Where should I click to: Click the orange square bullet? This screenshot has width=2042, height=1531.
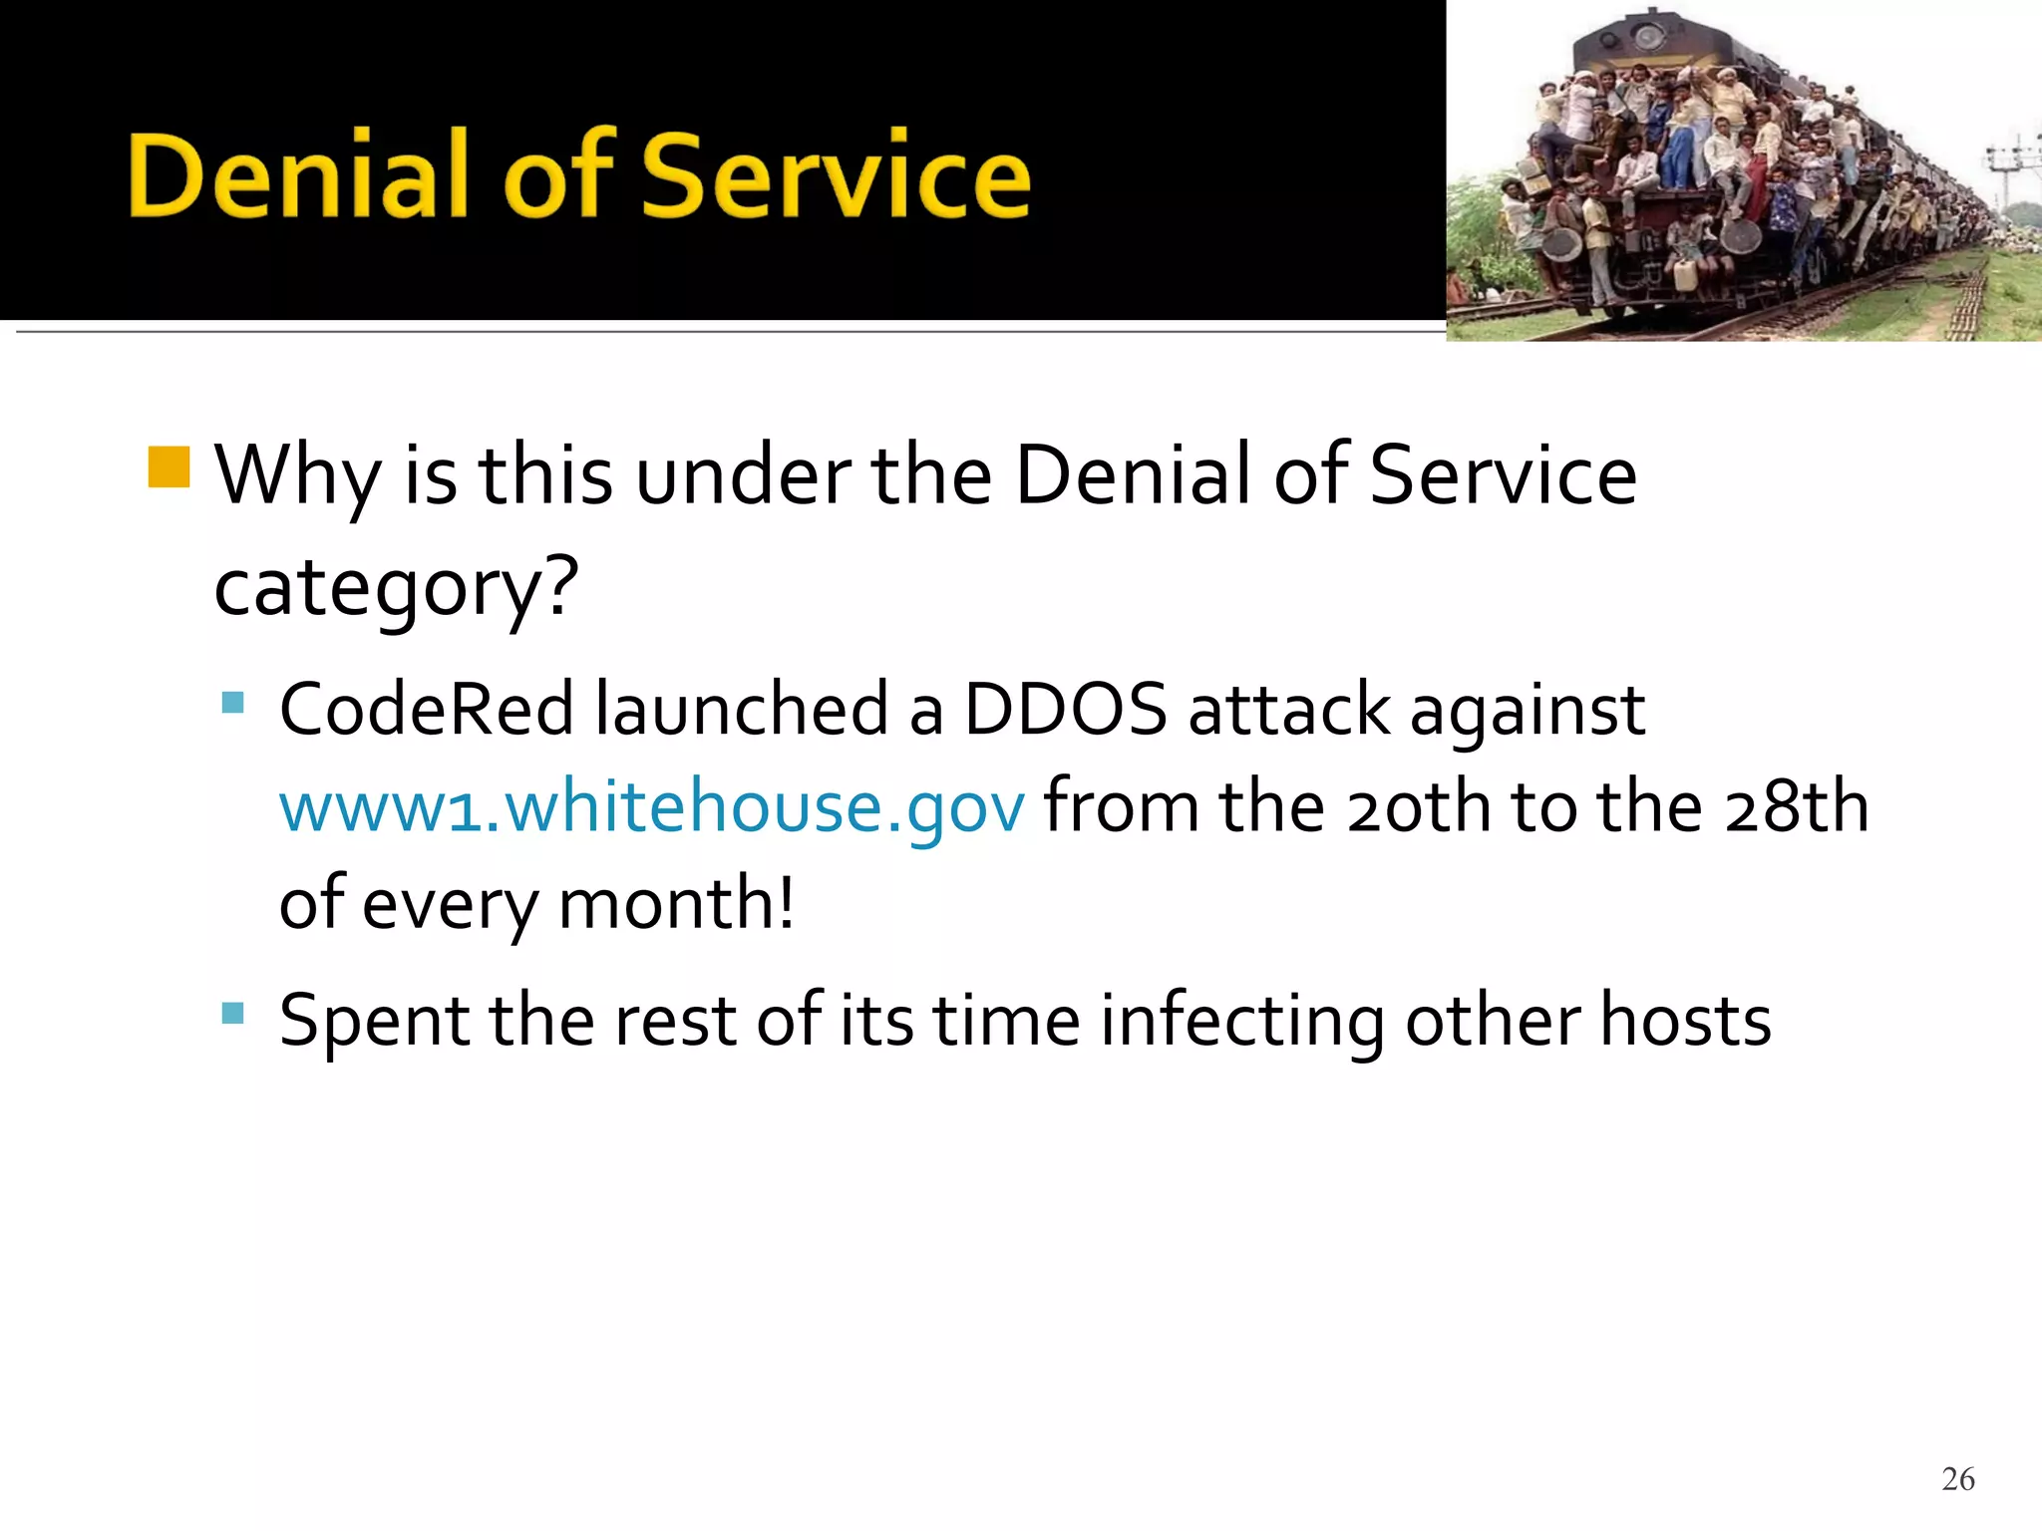(169, 467)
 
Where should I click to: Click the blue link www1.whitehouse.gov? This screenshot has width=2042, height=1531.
(651, 807)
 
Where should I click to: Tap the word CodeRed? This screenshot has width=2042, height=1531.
(427, 711)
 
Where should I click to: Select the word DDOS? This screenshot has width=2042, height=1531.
(1065, 711)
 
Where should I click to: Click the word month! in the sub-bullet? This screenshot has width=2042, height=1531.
(677, 904)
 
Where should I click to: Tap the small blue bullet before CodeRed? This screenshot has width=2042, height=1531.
(233, 704)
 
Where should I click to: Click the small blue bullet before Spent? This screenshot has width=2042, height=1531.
(233, 1014)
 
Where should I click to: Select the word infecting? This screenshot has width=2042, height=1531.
(1242, 1023)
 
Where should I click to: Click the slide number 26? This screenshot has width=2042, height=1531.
(1957, 1479)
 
